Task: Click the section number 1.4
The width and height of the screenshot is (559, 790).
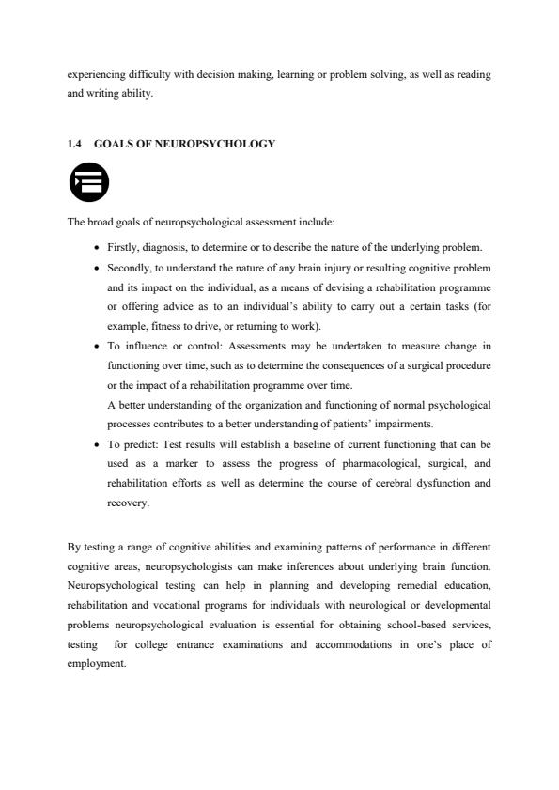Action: click(74, 144)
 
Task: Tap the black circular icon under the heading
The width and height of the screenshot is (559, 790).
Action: click(89, 183)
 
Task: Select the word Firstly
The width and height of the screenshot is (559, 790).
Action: click(122, 248)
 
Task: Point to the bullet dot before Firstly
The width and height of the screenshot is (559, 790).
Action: click(99, 249)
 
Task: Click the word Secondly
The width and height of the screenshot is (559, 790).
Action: click(128, 268)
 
